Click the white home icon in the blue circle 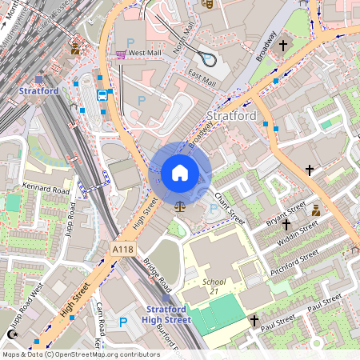pyautogui.click(x=180, y=172)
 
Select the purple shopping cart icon pyautogui.click(x=121, y=54)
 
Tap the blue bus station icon pyautogui.click(x=102, y=94)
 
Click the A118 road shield pyautogui.click(x=122, y=250)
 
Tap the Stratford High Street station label pyautogui.click(x=167, y=314)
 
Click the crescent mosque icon pyautogui.click(x=11, y=334)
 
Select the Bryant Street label pyautogui.click(x=286, y=214)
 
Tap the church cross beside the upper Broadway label pyautogui.click(x=283, y=46)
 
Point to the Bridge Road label pyautogui.click(x=158, y=274)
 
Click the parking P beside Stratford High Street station pyautogui.click(x=123, y=322)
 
